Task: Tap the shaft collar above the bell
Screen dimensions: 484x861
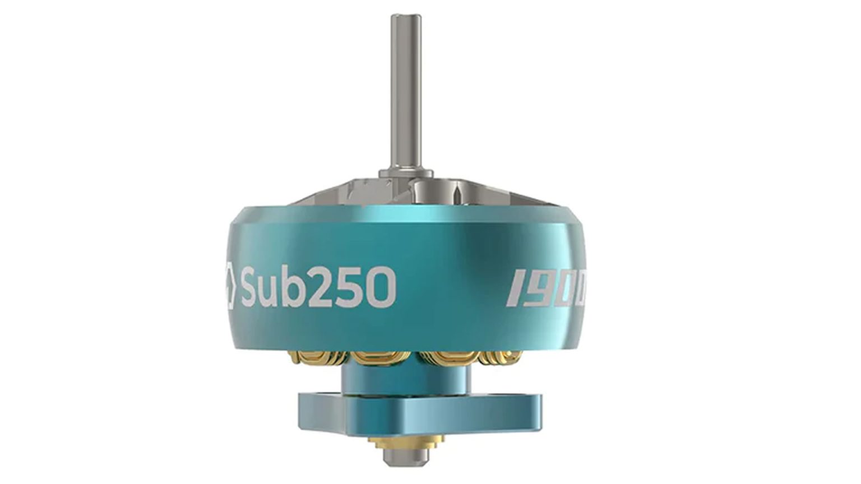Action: point(406,173)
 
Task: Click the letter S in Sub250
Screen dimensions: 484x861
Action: point(253,287)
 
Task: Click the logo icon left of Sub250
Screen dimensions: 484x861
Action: point(225,287)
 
